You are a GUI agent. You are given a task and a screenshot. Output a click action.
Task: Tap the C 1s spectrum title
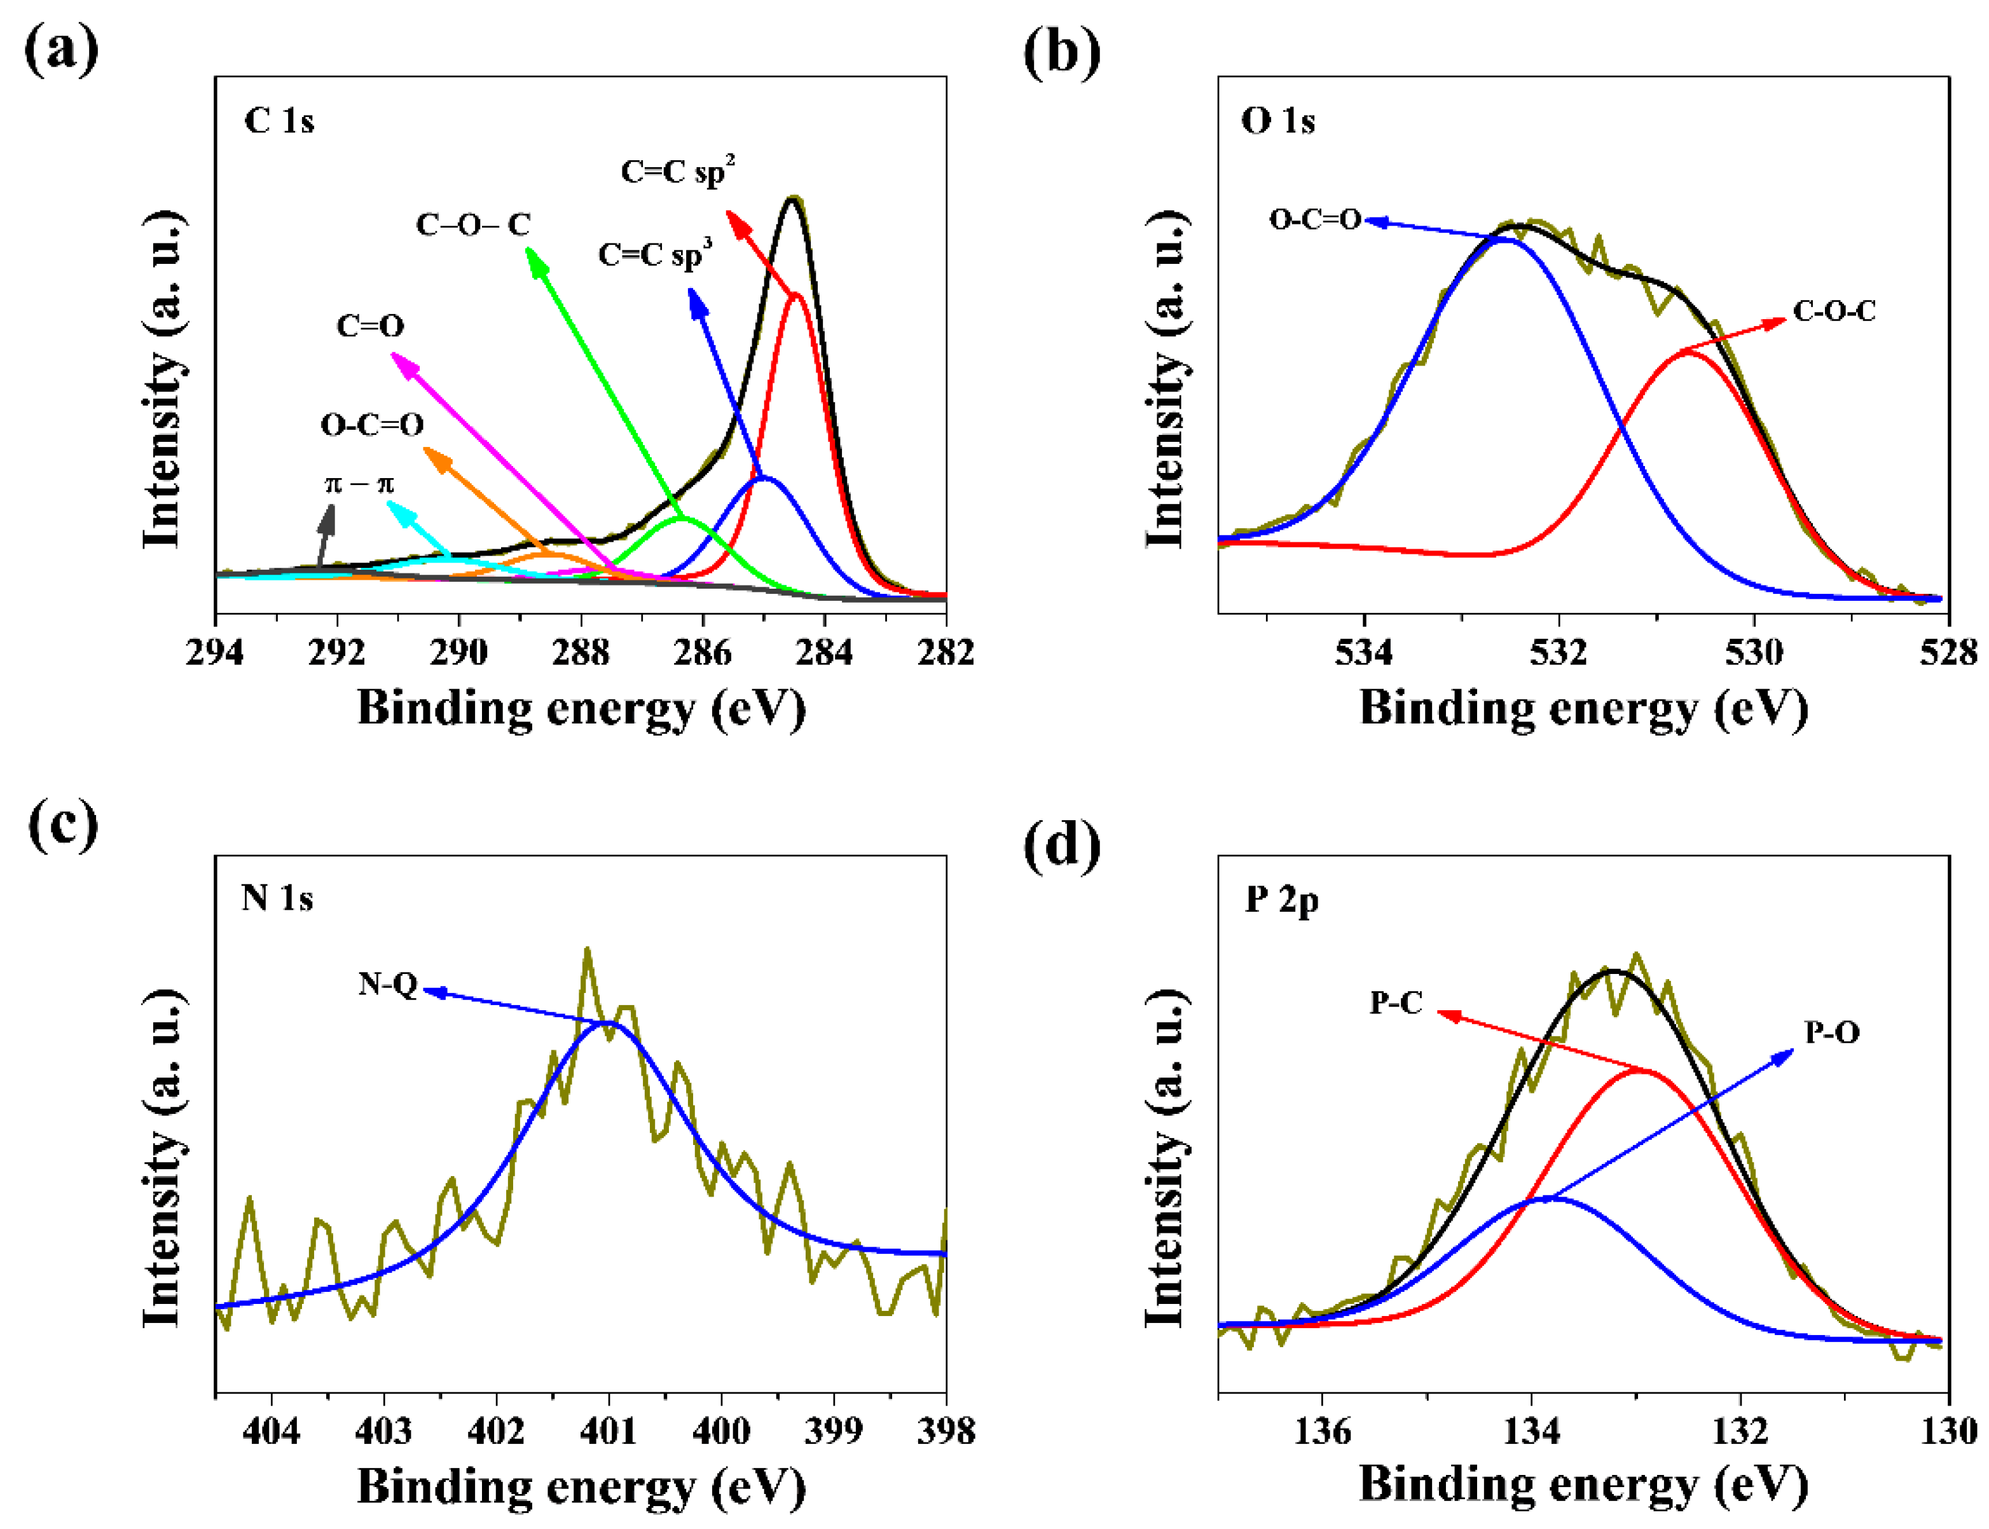(279, 121)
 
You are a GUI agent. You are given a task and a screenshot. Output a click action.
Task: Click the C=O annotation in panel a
(369, 326)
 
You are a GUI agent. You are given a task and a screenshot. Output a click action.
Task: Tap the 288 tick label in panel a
(580, 652)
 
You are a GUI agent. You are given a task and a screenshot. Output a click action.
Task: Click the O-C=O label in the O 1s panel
(1314, 219)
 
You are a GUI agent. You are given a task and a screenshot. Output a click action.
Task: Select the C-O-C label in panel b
(1833, 312)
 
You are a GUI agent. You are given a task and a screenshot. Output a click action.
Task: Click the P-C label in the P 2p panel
(1396, 1003)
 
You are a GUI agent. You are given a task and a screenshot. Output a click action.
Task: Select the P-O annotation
(1831, 1033)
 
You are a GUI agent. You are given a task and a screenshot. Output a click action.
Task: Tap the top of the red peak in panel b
(1687, 352)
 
